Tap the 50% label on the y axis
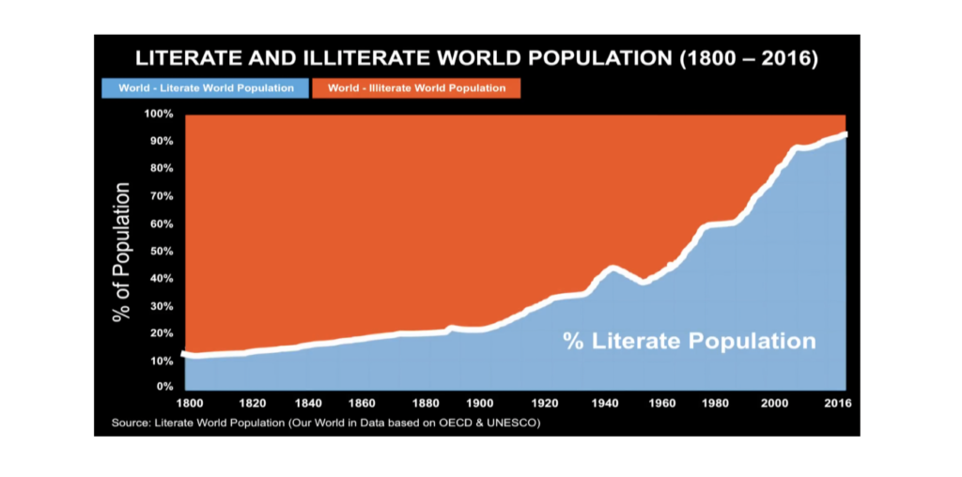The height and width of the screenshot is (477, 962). pos(161,252)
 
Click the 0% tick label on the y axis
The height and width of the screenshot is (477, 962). pos(164,386)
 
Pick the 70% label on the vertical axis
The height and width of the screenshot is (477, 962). pos(161,196)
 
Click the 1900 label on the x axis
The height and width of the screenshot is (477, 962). pos(480,404)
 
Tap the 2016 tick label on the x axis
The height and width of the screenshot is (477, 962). pos(837,404)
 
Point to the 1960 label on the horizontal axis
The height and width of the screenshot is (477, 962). pos(663,404)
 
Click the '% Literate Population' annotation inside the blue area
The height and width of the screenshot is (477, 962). pos(689,340)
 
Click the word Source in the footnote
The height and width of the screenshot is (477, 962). pos(130,423)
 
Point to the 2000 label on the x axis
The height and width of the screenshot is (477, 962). pos(775,404)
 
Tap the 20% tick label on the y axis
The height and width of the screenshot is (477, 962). pos(161,333)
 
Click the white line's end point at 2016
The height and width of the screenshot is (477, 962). pos(846,134)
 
